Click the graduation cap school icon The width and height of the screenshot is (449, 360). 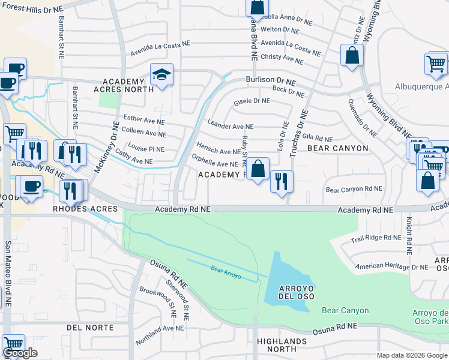tap(161, 75)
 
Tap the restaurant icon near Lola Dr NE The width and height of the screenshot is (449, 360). tap(282, 180)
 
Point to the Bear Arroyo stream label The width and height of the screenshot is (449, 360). tap(226, 271)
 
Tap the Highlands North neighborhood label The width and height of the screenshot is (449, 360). tap(285, 344)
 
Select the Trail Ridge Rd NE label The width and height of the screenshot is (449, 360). tap(376, 238)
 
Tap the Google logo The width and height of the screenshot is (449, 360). tap(20, 353)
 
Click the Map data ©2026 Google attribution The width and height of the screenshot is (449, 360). tap(412, 355)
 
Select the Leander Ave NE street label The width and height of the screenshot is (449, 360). tap(231, 127)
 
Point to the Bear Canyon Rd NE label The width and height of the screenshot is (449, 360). tap(354, 189)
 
